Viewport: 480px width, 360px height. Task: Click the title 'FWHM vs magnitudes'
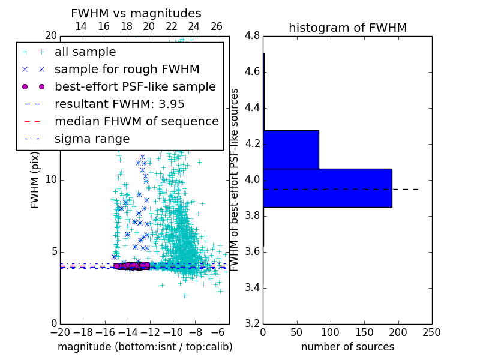click(x=136, y=13)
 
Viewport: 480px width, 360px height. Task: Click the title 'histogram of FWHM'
click(x=347, y=28)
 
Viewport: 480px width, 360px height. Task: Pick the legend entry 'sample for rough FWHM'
click(x=127, y=69)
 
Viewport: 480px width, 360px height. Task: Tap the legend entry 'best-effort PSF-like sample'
click(x=135, y=86)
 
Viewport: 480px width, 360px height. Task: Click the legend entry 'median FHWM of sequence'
click(x=136, y=121)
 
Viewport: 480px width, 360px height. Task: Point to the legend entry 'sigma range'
click(x=92, y=139)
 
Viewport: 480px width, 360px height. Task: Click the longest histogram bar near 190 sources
click(x=327, y=188)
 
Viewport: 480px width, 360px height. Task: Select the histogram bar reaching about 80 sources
click(x=291, y=149)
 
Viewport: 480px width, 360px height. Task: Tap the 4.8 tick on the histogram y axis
click(x=252, y=35)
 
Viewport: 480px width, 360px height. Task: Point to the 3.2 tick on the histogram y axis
click(x=252, y=323)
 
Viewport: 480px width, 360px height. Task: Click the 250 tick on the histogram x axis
click(x=431, y=332)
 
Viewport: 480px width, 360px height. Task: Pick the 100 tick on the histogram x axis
click(x=331, y=332)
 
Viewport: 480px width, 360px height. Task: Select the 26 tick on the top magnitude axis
click(x=217, y=26)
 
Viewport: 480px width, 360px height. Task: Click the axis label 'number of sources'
click(x=347, y=347)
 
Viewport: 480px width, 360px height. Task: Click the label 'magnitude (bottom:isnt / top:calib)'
click(x=145, y=347)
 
